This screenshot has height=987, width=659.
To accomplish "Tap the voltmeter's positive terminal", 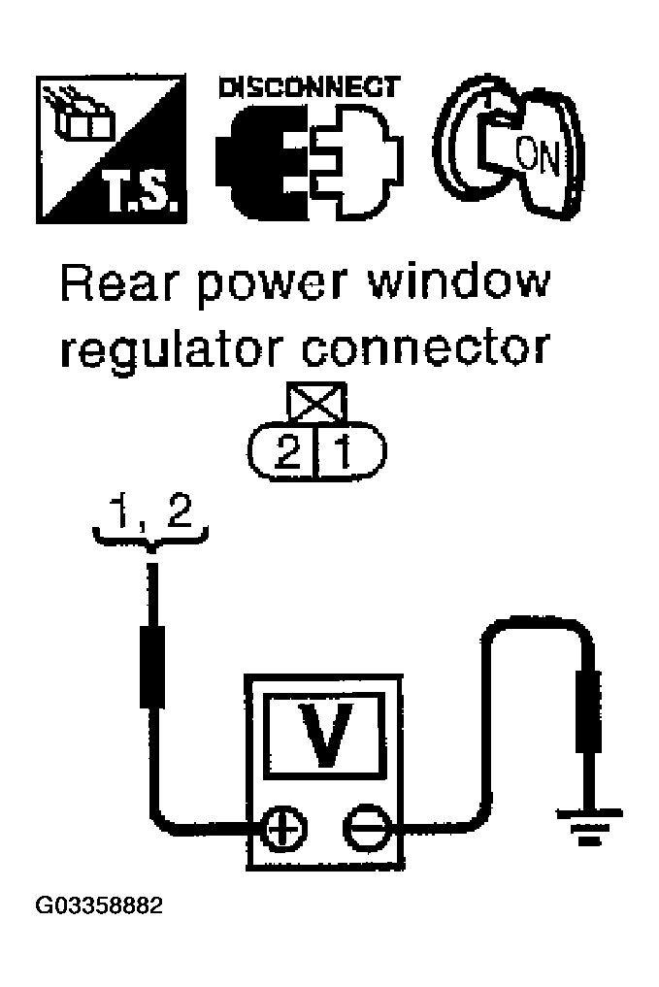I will click(282, 830).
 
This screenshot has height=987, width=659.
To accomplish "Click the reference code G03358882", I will click(100, 907).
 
